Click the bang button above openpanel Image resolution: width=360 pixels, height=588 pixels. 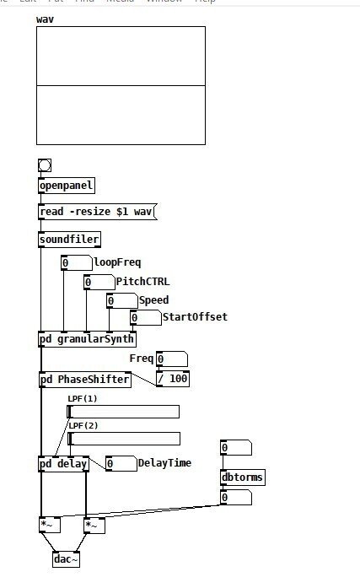(45, 165)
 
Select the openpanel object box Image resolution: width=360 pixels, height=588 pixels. (67, 186)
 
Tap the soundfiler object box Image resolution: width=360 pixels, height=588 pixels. (69, 240)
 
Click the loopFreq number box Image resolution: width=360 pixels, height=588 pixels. (76, 263)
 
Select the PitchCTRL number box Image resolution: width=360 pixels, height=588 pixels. (98, 282)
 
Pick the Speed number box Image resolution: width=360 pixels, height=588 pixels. (121, 300)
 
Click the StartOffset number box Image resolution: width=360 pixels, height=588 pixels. (144, 318)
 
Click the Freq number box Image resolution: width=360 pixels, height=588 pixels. (171, 359)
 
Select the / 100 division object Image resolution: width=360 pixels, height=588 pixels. (173, 379)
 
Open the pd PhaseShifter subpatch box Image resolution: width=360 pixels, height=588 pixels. (84, 380)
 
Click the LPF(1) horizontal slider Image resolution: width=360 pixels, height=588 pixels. (123, 412)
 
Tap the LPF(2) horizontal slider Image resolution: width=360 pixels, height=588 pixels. (123, 439)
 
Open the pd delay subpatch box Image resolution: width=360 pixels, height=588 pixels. (63, 464)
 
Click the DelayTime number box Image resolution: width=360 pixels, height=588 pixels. (121, 463)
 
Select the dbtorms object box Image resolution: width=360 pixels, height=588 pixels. (242, 477)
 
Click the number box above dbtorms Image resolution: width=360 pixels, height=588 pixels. (235, 448)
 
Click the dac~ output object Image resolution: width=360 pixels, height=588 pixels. (66, 558)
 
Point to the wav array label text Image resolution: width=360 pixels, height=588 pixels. (45, 19)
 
